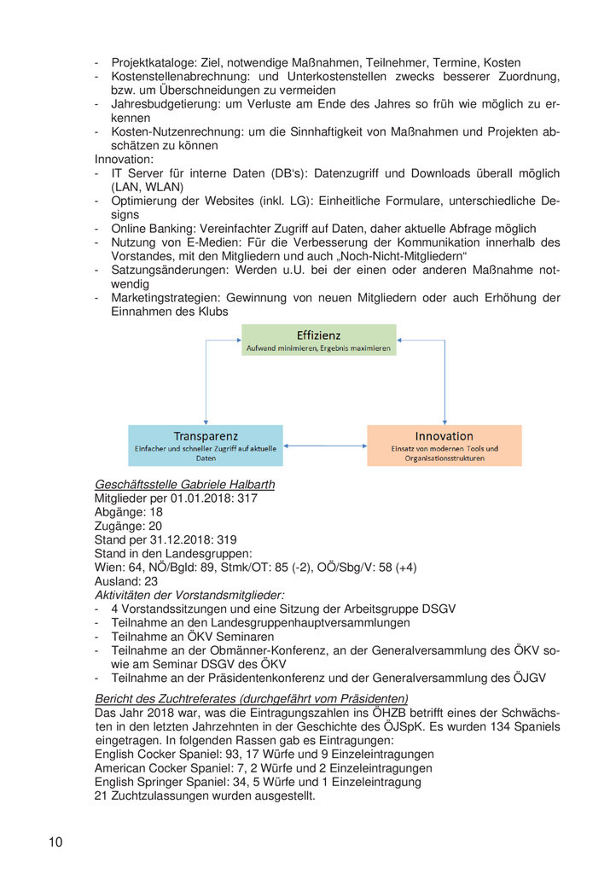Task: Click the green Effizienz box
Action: point(318,340)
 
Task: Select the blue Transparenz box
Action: point(206,445)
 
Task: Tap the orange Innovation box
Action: point(444,445)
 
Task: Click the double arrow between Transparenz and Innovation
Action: point(328,445)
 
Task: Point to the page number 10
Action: point(55,842)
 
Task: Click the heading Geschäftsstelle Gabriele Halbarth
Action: point(184,485)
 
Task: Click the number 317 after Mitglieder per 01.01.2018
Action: point(247,498)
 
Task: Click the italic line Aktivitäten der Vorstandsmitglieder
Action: point(189,595)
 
